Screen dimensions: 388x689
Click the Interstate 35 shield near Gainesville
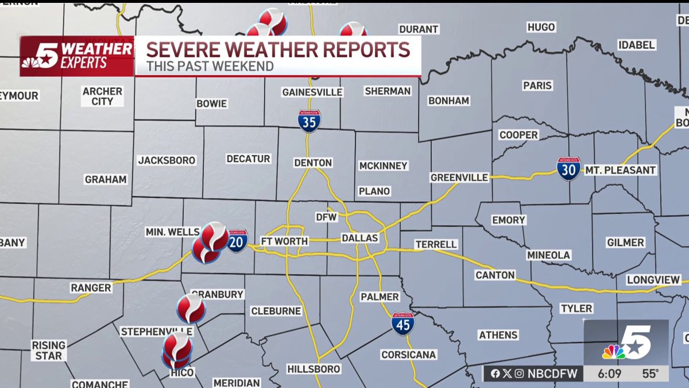(x=309, y=121)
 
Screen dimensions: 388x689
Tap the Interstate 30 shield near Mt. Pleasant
(x=568, y=169)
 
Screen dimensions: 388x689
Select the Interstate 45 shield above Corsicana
(x=403, y=324)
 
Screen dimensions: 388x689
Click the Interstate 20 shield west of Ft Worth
(x=237, y=241)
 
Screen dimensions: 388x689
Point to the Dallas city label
(x=360, y=238)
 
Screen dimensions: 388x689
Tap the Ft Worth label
(x=284, y=241)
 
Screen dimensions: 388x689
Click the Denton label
(x=313, y=163)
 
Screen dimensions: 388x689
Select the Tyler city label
(x=576, y=309)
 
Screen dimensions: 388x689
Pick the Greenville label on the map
(x=459, y=178)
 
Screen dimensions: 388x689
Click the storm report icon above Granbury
(x=191, y=308)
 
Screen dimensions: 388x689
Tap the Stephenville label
(x=157, y=332)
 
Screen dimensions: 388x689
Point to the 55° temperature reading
(x=650, y=374)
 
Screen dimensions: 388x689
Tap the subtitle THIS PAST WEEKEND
(x=210, y=66)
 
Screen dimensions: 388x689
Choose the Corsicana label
(x=409, y=355)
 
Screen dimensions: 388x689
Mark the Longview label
(x=653, y=280)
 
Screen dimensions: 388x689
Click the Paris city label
(x=537, y=86)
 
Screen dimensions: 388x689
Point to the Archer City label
(x=102, y=96)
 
